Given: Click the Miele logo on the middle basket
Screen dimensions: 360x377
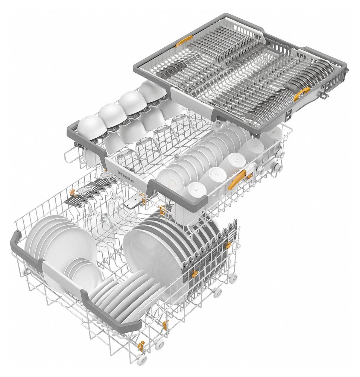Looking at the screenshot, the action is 125,176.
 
